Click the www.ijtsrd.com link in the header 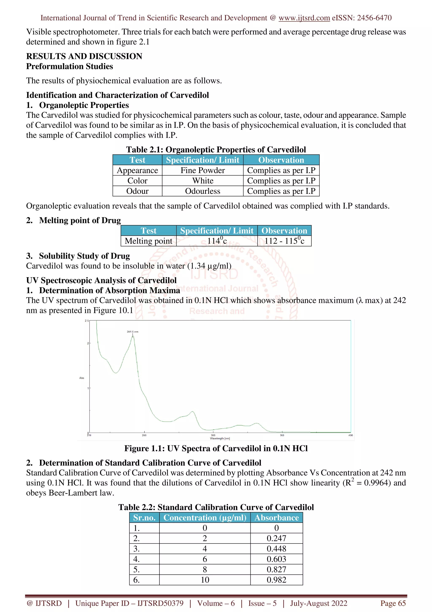(304, 18)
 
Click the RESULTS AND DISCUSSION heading (84, 56)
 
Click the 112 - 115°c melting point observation (284, 241)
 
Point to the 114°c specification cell (217, 241)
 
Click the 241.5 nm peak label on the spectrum (132, 332)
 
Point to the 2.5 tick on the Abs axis (86, 321)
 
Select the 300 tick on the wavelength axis (213, 435)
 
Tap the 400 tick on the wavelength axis (351, 435)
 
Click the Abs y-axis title (82, 378)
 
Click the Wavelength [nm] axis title (220, 438)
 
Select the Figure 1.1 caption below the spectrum (216, 448)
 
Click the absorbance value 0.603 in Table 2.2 (276, 559)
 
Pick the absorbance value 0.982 (276, 580)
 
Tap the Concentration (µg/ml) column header (205, 517)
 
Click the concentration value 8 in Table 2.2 (205, 569)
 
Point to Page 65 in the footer (393, 603)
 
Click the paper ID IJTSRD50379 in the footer (160, 603)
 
